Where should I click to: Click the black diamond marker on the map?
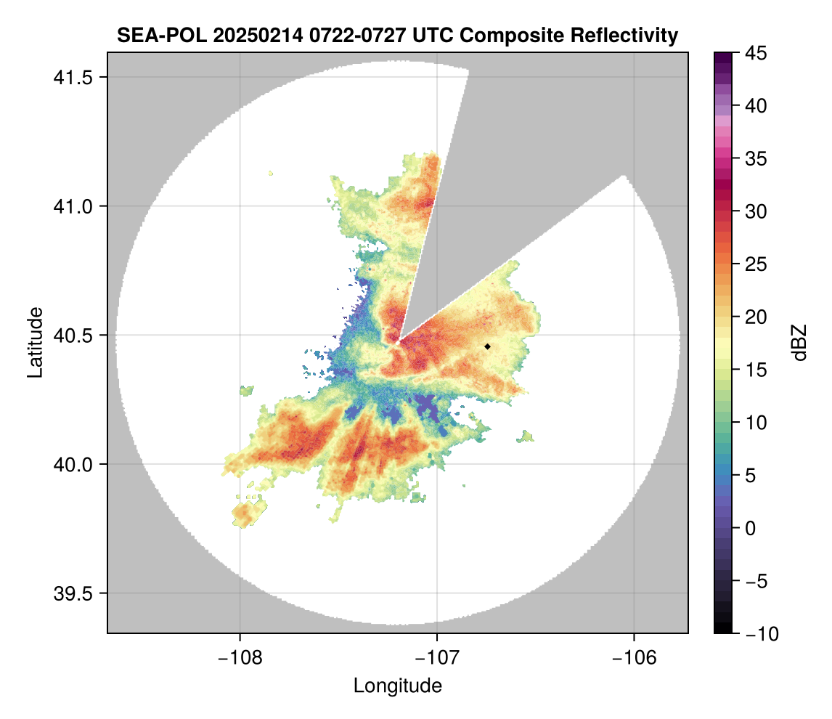pos(488,346)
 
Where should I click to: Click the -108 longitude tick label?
pos(240,658)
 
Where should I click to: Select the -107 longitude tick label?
pos(437,658)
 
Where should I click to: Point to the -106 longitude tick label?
pos(635,658)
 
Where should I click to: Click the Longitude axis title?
pos(398,686)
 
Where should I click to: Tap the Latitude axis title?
pos(35,342)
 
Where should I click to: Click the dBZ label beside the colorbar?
pos(799,343)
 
